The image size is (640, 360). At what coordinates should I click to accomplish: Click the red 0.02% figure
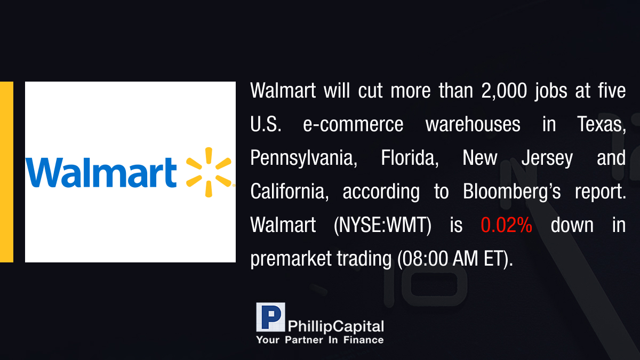coord(506,225)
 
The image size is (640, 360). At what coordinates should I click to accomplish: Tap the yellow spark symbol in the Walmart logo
coord(209,172)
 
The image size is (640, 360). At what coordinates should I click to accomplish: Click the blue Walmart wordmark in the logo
coord(101,173)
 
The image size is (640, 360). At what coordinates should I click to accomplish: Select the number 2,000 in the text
coord(504,91)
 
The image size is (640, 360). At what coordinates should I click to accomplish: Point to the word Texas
coord(602,125)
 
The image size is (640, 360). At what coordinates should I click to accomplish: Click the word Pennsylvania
coord(303,158)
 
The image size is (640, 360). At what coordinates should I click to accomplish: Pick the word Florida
coord(410,158)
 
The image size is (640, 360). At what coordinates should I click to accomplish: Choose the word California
coord(290,191)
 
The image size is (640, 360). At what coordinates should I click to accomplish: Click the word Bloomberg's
coord(511,192)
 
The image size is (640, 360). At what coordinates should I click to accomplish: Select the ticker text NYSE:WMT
coord(382,226)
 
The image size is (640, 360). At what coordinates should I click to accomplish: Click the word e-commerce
coord(353,125)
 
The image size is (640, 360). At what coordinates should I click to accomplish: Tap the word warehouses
coord(473,125)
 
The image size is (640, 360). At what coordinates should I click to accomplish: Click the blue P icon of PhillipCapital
coord(270,317)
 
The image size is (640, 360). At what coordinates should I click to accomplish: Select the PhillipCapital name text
coord(335,327)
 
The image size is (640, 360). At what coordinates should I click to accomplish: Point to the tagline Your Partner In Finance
coord(320,340)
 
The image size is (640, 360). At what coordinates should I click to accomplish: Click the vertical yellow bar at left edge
coord(6,172)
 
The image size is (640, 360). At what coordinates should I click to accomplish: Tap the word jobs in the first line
coord(551,91)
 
